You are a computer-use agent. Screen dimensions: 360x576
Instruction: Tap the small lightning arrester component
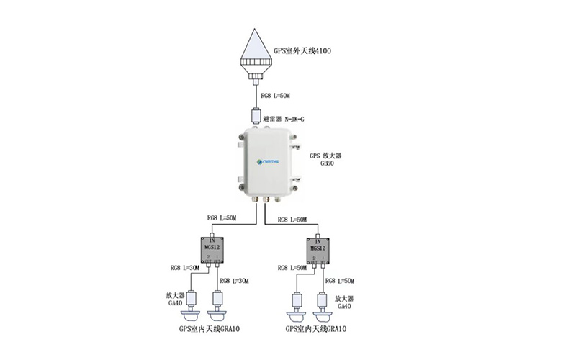(x=256, y=114)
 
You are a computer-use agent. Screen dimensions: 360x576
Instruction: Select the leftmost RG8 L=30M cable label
(x=184, y=268)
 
